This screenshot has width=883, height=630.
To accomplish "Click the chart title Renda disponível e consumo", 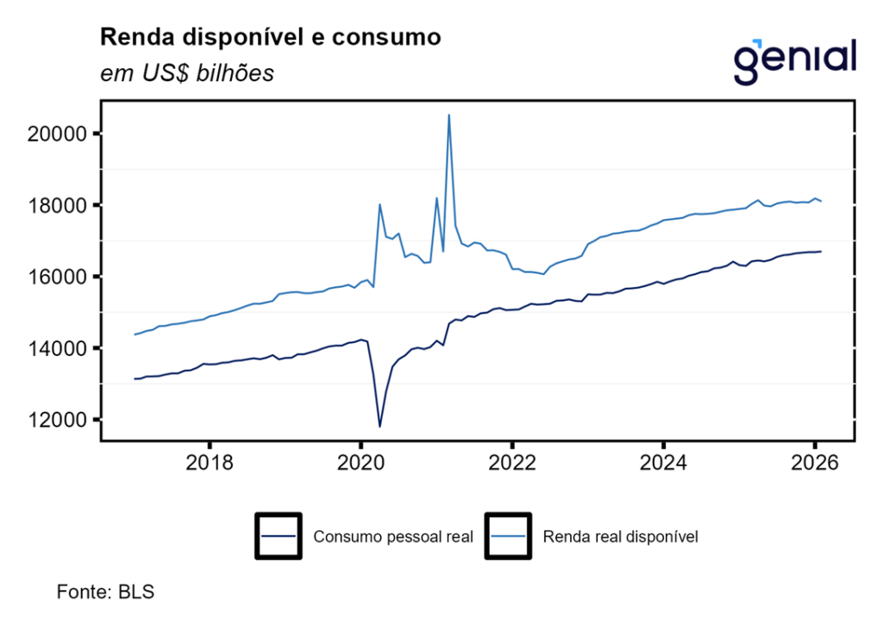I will (271, 37).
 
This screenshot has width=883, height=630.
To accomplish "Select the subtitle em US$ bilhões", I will (187, 73).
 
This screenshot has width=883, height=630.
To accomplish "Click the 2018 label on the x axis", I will (210, 463).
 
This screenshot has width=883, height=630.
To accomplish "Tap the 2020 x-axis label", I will (360, 463).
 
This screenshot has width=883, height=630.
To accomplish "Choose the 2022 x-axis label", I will (512, 463).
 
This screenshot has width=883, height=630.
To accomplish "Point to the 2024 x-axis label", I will (663, 463).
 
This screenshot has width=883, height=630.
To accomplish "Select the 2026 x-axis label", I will (815, 463).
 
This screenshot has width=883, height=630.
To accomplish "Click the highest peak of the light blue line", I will (449, 115).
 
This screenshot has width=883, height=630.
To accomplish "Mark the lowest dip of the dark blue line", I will (379, 426).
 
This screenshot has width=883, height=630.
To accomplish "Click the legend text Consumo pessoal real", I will (393, 537).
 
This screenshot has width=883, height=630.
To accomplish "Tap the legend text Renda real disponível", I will (620, 537).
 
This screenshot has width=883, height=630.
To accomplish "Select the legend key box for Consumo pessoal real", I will (278, 536).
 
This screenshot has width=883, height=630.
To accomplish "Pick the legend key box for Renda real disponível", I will (508, 536).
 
